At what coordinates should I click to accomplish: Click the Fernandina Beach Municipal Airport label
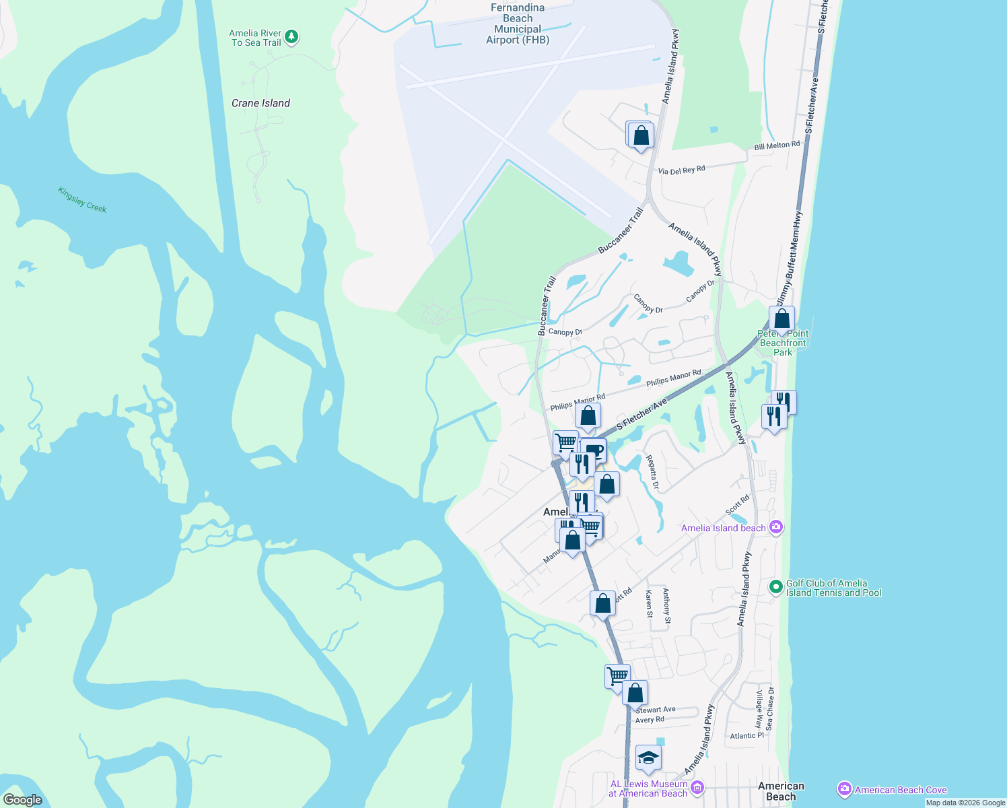(518, 24)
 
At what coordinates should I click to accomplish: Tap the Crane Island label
(261, 103)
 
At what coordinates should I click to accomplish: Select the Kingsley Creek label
(82, 199)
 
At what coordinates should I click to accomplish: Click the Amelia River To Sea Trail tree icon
(291, 36)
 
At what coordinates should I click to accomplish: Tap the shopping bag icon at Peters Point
(782, 318)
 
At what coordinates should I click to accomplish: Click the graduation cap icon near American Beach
(648, 757)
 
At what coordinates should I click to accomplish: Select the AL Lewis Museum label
(648, 788)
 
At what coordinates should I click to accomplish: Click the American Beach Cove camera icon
(844, 789)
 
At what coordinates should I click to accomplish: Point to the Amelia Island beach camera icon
(776, 527)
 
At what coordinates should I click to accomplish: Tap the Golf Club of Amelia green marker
(776, 587)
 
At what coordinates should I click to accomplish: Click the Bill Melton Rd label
(777, 145)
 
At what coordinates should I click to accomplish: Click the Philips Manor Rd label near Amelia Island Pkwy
(673, 378)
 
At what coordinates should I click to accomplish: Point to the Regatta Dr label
(652, 472)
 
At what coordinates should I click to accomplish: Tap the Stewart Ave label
(656, 710)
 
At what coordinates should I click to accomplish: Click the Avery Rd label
(650, 720)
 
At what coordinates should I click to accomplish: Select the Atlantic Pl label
(747, 736)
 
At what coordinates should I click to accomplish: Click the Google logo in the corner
(22, 799)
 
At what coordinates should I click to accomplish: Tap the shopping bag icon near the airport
(641, 135)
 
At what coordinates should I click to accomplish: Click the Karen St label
(649, 604)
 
